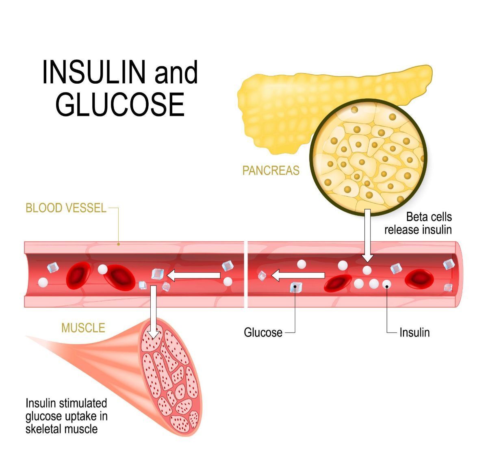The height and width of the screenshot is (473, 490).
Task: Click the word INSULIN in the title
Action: pyautogui.click(x=94, y=72)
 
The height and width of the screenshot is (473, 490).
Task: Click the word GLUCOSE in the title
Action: pyautogui.click(x=120, y=104)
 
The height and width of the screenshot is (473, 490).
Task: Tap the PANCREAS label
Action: pyautogui.click(x=271, y=170)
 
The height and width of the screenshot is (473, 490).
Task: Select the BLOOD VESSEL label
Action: pyautogui.click(x=66, y=208)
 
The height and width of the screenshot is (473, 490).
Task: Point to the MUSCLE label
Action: pyautogui.click(x=83, y=328)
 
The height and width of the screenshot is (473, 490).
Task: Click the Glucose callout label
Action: pyautogui.click(x=263, y=332)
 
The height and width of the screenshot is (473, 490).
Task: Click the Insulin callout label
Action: pyautogui.click(x=414, y=332)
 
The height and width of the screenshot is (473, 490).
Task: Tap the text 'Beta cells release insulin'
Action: pyautogui.click(x=418, y=223)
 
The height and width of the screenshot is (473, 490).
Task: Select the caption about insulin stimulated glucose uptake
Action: pyautogui.click(x=66, y=416)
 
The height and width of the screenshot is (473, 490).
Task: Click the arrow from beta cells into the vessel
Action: pyautogui.click(x=368, y=236)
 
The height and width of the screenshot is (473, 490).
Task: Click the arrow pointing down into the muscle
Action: pyautogui.click(x=153, y=311)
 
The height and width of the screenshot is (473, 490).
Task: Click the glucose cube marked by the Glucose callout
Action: pyautogui.click(x=296, y=287)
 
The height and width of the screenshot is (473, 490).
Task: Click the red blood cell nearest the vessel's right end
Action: pyautogui.click(x=420, y=278)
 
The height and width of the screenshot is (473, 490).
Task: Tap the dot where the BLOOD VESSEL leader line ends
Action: pyautogui.click(x=118, y=244)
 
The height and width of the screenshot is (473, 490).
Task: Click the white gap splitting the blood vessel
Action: pyautogui.click(x=246, y=274)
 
